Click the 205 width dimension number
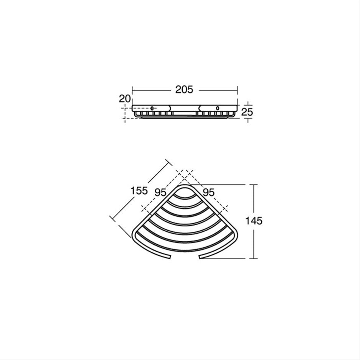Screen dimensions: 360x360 (184, 90)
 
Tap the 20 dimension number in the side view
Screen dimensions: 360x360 (125, 99)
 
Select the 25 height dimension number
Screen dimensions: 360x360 (247, 112)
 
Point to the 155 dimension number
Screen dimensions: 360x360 (139, 190)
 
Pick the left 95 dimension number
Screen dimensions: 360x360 (160, 192)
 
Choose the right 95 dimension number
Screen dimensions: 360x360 (208, 192)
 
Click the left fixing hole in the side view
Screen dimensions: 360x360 (152, 109)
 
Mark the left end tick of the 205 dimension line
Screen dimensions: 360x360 (132, 90)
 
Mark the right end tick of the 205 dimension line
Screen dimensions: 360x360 (237, 90)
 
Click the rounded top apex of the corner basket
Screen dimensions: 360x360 (184, 186)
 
